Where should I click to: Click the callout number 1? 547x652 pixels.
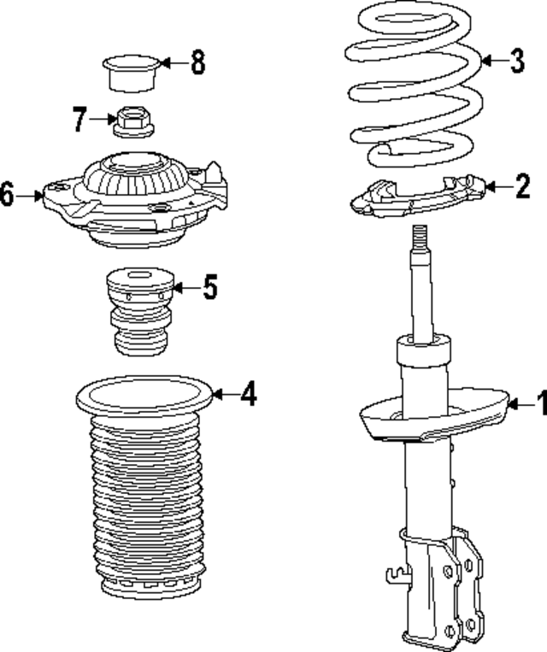(x=539, y=401)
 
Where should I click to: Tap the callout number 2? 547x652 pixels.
(x=522, y=187)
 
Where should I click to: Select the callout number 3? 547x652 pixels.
(x=515, y=61)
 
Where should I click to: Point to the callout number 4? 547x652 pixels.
(x=247, y=394)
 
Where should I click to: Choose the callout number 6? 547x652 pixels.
(x=7, y=196)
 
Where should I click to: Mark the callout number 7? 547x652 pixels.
(x=79, y=120)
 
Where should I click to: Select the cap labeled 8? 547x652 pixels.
(x=130, y=72)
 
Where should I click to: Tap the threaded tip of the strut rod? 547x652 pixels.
(x=419, y=237)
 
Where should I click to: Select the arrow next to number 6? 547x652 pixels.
(x=32, y=196)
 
